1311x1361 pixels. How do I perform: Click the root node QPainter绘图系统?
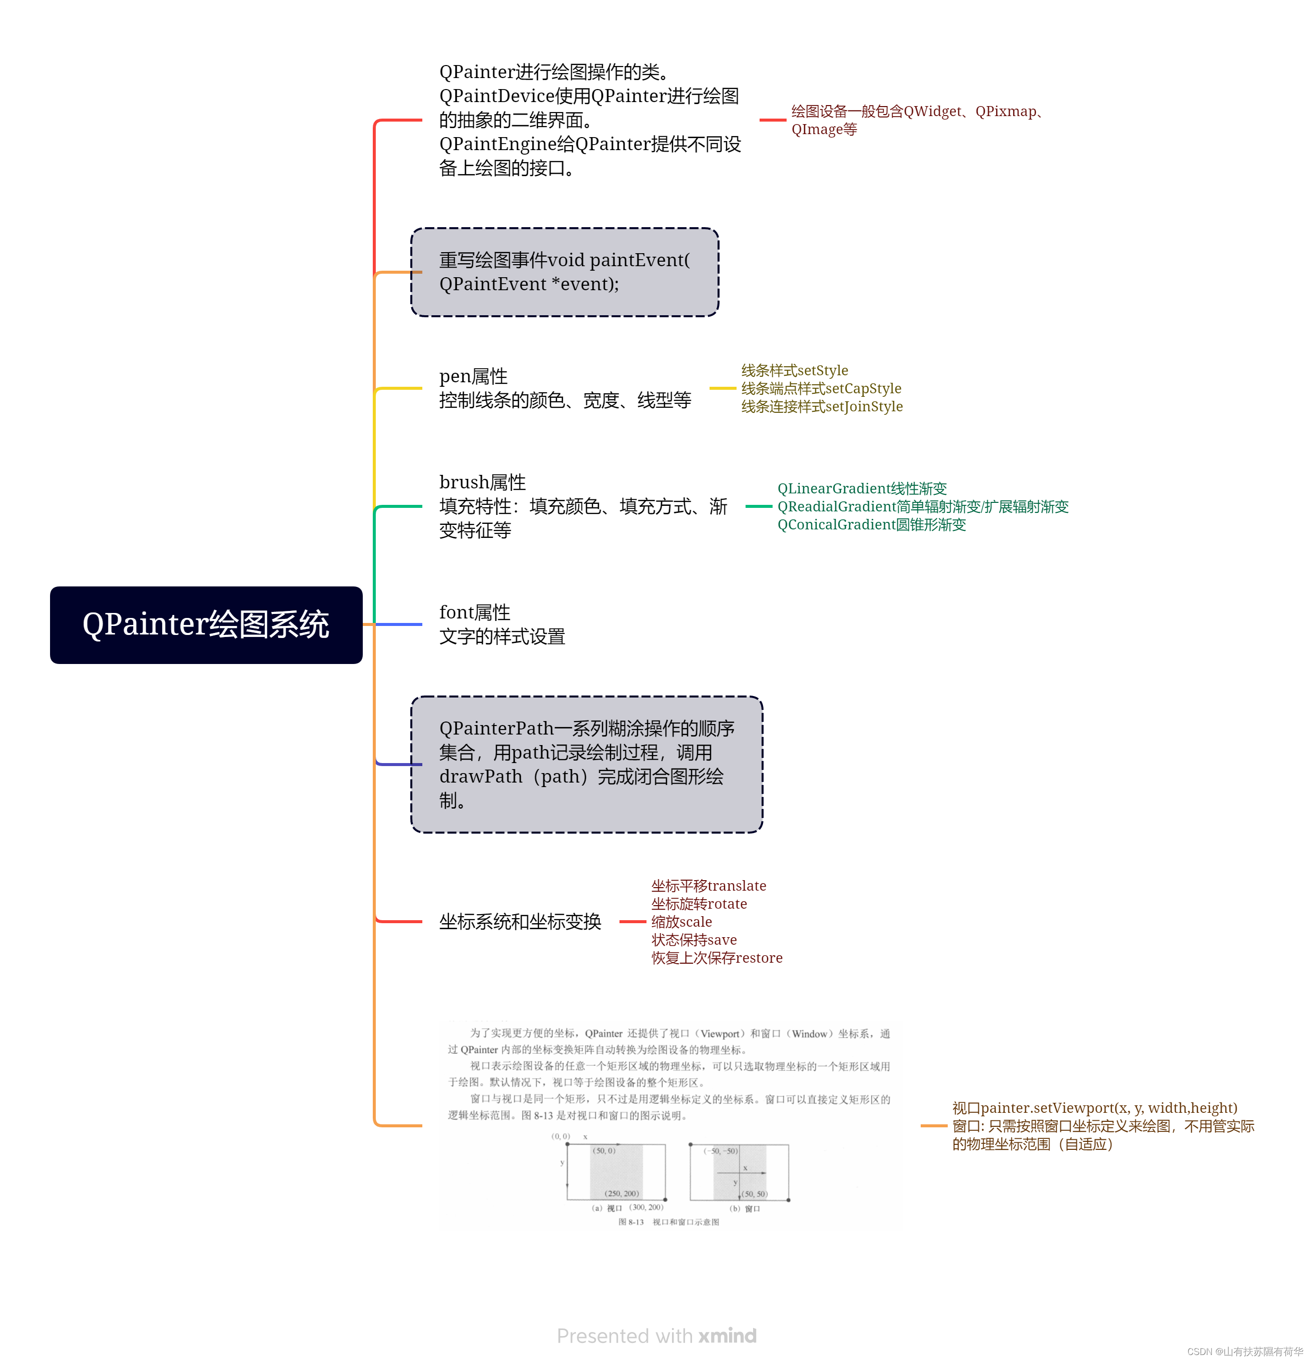coord(206,624)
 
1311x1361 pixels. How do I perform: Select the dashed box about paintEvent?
coord(564,272)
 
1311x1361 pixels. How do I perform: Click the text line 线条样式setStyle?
coord(795,370)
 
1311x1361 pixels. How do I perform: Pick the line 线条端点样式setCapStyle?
coord(821,388)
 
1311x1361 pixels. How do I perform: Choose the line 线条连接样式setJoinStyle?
coord(822,406)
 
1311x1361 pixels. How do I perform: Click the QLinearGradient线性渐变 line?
coord(862,488)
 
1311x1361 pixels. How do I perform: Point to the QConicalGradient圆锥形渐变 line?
coord(872,524)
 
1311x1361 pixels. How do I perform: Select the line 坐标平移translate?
coord(708,885)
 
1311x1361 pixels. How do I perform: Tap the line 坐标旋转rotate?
coord(699,903)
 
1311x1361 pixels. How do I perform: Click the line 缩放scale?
coord(681,922)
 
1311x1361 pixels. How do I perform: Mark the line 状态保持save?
coord(694,940)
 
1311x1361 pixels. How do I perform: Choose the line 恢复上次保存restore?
coord(717,958)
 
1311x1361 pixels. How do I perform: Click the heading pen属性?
coord(473,376)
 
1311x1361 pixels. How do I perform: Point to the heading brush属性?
coord(482,482)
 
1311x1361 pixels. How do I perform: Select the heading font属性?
coord(474,612)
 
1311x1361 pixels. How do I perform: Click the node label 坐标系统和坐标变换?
coord(519,922)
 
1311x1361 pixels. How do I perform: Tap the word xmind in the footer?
coord(727,1335)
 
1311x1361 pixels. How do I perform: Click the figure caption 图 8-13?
coord(630,1222)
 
